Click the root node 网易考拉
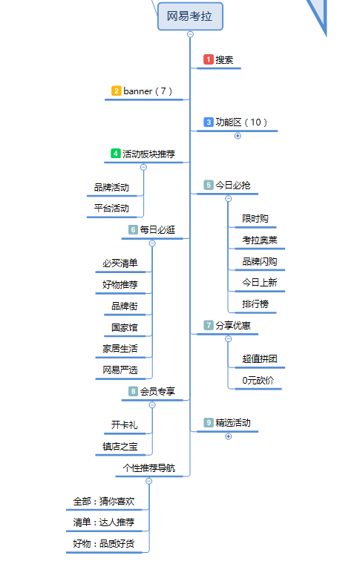tap(190, 16)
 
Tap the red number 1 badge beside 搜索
tap(209, 59)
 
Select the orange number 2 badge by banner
tap(116, 91)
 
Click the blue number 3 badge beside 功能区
tap(209, 122)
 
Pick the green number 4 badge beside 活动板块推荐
tap(116, 154)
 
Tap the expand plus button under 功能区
tap(238, 136)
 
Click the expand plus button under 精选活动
tap(229, 436)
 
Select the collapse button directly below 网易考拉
tap(190, 34)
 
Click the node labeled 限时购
tap(255, 219)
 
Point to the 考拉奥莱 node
tap(260, 240)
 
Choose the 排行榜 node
tap(255, 304)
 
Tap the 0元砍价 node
tap(258, 380)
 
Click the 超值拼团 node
tap(260, 358)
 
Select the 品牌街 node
tap(125, 306)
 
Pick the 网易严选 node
tap(120, 370)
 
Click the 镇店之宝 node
tap(120, 447)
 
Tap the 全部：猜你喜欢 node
tap(104, 501)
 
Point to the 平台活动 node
tap(111, 209)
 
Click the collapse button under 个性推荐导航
tap(149, 482)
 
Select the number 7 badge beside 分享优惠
tap(209, 325)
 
